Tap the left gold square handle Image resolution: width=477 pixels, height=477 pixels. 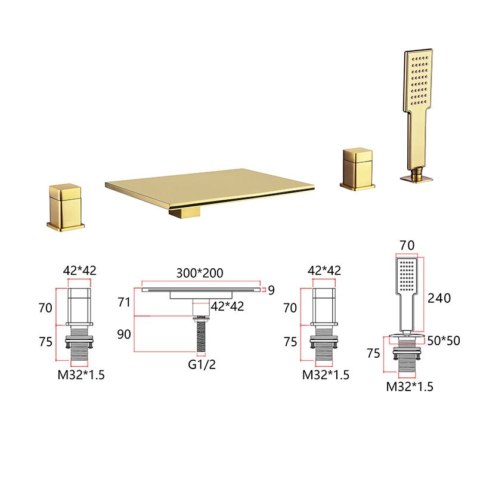(x=66, y=206)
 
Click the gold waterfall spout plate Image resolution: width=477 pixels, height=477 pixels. (x=209, y=185)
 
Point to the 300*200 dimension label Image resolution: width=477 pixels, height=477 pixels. (x=200, y=273)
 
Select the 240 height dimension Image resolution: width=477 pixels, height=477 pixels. (x=439, y=298)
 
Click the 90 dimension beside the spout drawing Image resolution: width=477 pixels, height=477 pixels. (x=124, y=334)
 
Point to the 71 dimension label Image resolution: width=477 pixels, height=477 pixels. (x=124, y=302)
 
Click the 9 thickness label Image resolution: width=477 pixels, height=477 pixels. (x=271, y=290)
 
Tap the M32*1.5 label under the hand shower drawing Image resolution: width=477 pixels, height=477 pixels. (x=410, y=386)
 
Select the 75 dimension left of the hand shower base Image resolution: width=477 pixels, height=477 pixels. (x=373, y=352)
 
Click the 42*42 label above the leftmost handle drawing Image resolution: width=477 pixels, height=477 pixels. (x=79, y=270)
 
